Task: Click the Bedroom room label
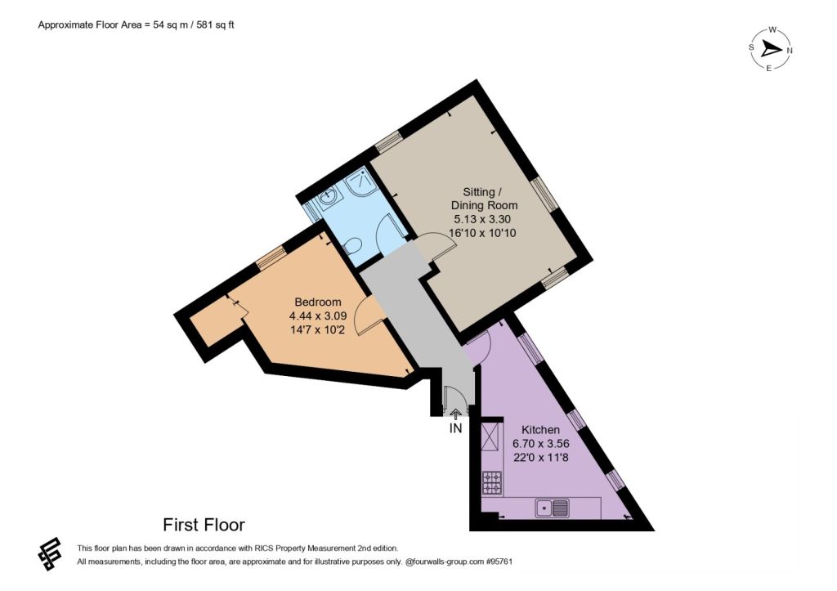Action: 318,302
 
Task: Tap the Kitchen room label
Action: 540,429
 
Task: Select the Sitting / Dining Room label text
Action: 484,198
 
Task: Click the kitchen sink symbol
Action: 552,508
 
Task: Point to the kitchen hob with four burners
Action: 492,482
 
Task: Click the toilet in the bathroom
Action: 353,245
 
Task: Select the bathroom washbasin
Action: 327,196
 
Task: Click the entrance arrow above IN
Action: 455,414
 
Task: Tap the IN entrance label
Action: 455,428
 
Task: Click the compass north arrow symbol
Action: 771,50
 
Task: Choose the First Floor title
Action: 204,525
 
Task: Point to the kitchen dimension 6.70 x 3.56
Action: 541,443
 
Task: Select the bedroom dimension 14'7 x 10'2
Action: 318,329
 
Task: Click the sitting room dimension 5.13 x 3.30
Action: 482,219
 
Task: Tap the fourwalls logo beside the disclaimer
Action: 50,553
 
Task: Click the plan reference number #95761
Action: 499,562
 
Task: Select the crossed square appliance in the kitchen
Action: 492,437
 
